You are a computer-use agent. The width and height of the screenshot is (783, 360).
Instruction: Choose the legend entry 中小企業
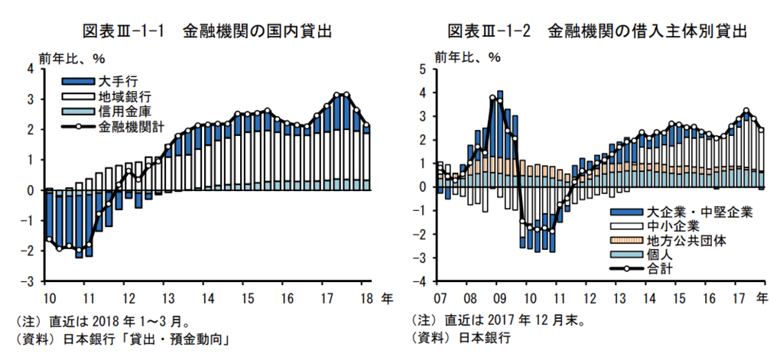point(673,225)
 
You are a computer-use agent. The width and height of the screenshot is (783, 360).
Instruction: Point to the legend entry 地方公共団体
point(684,240)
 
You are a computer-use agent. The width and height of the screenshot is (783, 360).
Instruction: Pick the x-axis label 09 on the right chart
point(496,297)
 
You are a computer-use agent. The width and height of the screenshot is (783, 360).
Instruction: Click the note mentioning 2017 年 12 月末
point(499,322)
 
